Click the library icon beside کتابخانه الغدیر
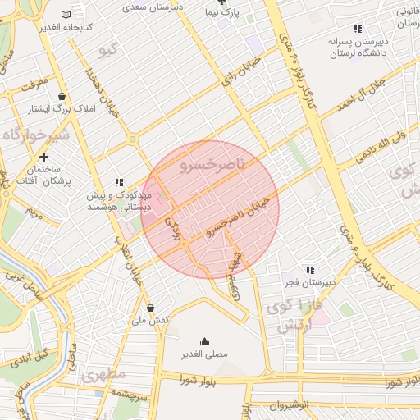click(x=66, y=15)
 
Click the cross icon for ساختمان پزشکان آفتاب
click(x=43, y=157)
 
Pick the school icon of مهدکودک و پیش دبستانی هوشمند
click(x=120, y=182)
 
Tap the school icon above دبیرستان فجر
click(x=309, y=269)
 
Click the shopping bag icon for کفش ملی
click(x=150, y=308)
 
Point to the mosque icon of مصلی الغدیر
click(x=204, y=341)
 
